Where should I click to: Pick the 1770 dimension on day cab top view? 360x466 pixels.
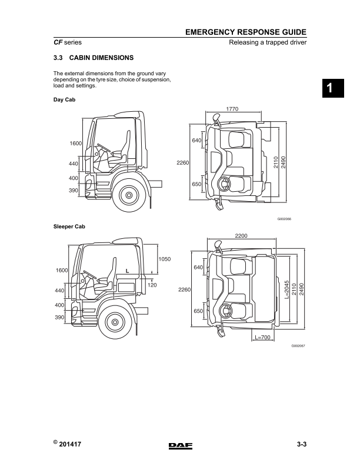(x=232, y=108)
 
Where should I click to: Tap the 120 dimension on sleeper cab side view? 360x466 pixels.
(x=152, y=285)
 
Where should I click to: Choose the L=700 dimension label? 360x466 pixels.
(x=263, y=338)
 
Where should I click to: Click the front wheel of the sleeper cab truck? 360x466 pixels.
(x=114, y=322)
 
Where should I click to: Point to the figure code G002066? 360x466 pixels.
(x=284, y=219)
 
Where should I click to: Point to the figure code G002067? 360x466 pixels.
(x=299, y=346)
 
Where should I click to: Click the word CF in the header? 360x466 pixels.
(x=58, y=43)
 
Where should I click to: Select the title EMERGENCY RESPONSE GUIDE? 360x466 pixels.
(x=246, y=33)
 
